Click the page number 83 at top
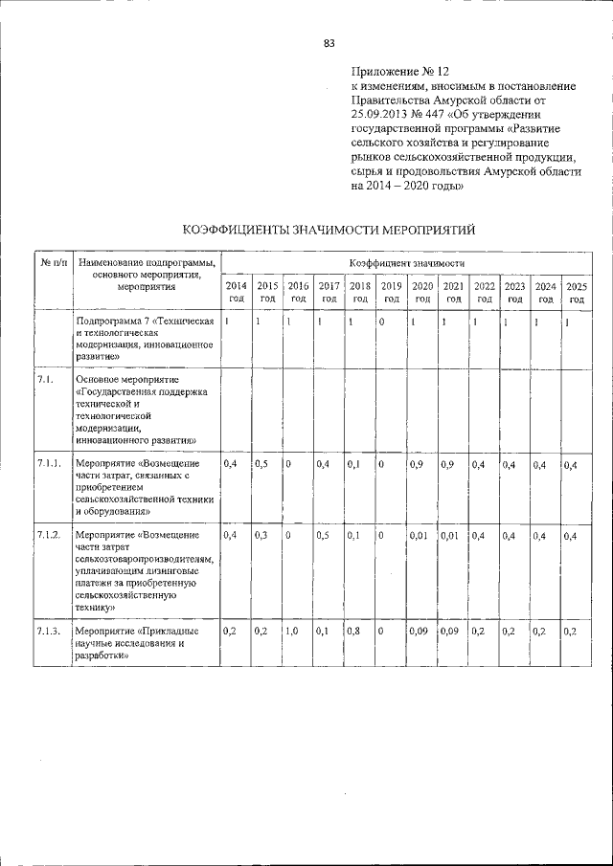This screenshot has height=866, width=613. pos(329,43)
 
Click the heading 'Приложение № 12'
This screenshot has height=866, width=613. pos(399,72)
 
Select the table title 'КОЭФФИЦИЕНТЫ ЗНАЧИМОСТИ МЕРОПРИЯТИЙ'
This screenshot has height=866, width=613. pos(329,230)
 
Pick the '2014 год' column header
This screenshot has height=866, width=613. pos(235,292)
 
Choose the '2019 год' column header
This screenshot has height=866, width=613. pos(391,292)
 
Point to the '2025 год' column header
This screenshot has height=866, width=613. pos(576,292)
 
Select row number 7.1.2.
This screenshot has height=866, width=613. pos(50,533)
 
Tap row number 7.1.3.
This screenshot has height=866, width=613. pos(50,631)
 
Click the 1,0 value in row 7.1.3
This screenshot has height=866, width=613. pos(294,631)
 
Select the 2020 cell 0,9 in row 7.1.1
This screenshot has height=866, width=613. pos(417,464)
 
